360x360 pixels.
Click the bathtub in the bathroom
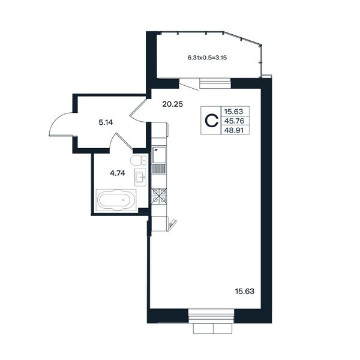[x=116, y=200]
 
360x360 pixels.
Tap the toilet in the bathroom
[x=138, y=160]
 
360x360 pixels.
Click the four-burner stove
[x=159, y=196]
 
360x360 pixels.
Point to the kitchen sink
[x=159, y=155]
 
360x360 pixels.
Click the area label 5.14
[x=106, y=122]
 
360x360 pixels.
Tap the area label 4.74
[x=118, y=173]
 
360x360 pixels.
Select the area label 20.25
[x=172, y=104]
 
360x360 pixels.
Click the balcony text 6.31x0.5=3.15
[x=207, y=58]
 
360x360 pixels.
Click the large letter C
[x=211, y=121]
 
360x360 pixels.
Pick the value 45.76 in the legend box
[x=234, y=121]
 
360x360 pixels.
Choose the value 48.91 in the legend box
[x=234, y=130]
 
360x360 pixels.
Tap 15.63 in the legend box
[x=233, y=112]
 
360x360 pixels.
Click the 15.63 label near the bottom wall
[x=245, y=292]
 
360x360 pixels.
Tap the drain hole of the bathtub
[x=124, y=200]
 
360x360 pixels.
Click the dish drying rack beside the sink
[x=159, y=169]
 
